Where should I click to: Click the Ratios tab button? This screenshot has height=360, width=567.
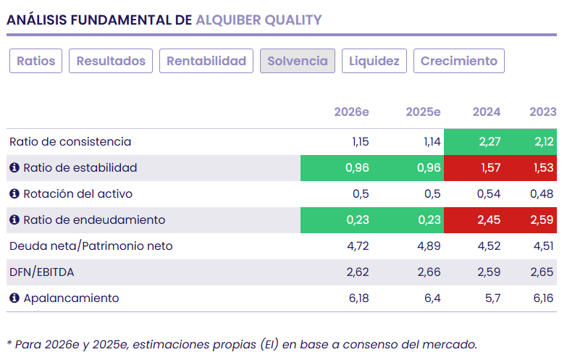pos(36,61)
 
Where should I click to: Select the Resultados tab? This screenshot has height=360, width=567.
pos(111,61)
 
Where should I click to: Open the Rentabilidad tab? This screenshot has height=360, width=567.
pos(206,61)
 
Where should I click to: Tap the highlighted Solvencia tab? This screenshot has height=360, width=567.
pos(298,61)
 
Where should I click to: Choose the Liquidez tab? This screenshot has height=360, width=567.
pos(374,61)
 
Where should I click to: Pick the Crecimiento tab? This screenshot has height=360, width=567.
pos(458,61)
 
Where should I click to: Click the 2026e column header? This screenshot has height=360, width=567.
pos(351,112)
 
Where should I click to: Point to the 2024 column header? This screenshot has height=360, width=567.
pos(487,112)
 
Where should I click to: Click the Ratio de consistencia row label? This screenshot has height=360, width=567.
pos(70,142)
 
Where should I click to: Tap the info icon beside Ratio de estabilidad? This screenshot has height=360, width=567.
pos(14,168)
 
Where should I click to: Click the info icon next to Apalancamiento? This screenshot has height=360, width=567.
pos(14,298)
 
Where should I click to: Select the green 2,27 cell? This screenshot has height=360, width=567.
pos(490,142)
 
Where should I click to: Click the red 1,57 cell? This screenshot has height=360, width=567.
pos(490,168)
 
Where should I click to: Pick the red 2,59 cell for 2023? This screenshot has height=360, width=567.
pos(542,220)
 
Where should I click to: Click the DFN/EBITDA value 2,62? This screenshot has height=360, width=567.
pos(358,272)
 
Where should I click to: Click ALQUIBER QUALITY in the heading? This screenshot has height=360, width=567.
pos(259,20)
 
